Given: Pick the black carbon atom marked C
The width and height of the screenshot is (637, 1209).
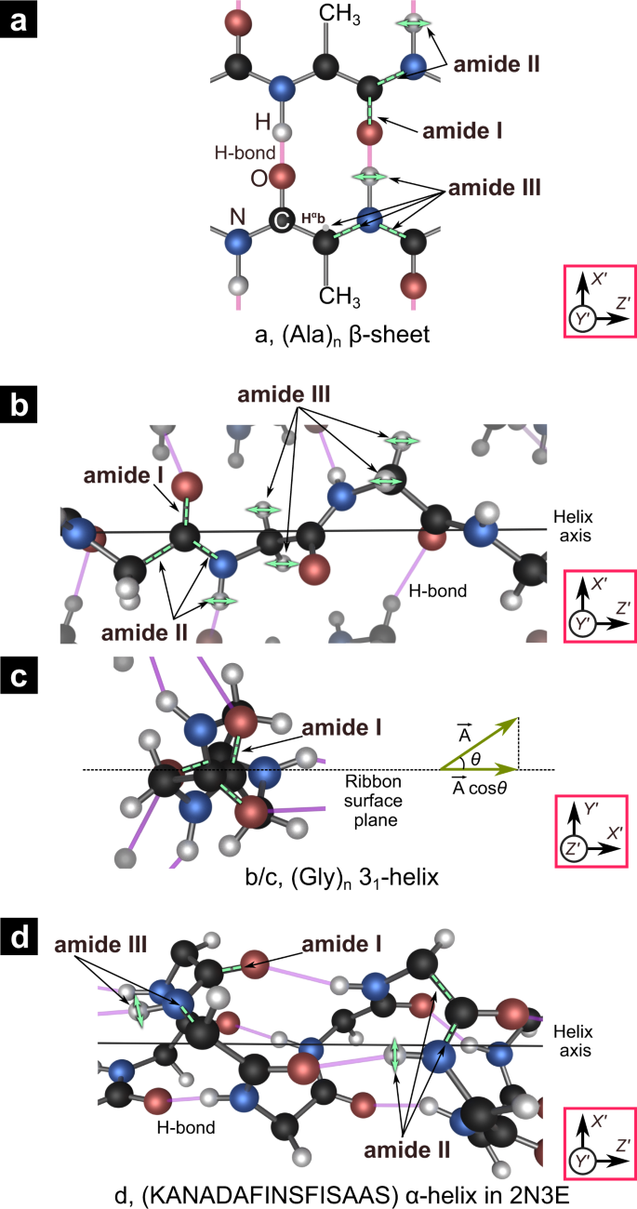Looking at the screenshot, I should point(279,219).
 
